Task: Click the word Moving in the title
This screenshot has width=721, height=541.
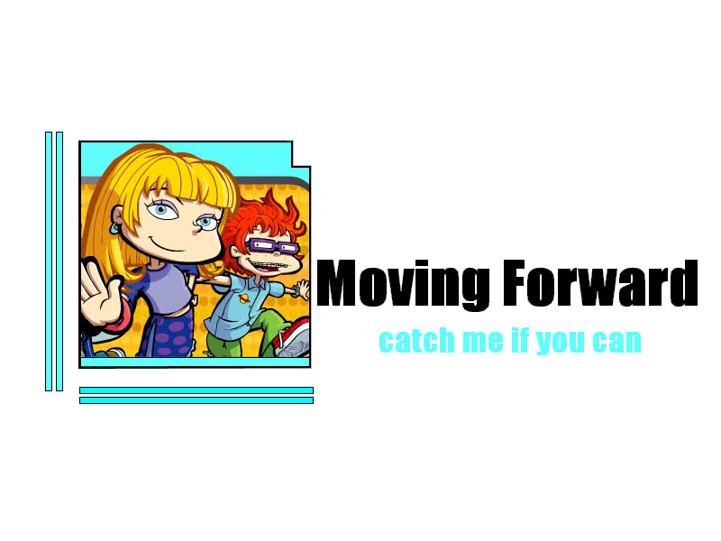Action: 403,285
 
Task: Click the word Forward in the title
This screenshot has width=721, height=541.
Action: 600,282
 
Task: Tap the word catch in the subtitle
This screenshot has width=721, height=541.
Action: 416,341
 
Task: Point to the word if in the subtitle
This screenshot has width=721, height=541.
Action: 520,341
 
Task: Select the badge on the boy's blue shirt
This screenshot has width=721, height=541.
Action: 244,298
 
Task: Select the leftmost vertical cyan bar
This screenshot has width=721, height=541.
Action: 49,261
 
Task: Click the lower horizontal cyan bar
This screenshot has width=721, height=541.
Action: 196,400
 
